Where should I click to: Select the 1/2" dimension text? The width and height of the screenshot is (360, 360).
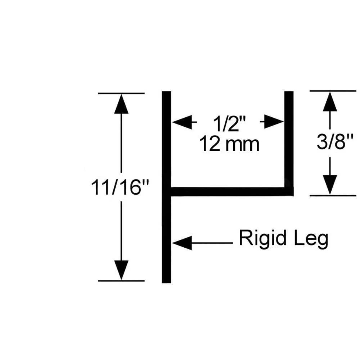coord(229,123)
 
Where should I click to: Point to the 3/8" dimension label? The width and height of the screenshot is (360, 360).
coord(335,141)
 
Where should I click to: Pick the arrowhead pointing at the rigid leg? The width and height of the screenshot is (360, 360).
coord(182,243)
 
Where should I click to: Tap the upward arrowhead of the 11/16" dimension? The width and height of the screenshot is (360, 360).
coord(121,104)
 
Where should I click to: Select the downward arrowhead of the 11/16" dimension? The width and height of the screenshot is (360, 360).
coord(121,270)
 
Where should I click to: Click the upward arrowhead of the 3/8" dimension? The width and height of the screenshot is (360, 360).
coord(330,102)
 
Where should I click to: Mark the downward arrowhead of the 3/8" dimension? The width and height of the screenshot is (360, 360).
coord(330,185)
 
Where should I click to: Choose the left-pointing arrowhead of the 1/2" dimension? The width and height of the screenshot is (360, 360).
coord(182,122)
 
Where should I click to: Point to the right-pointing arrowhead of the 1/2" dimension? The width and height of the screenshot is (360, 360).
coord(274,122)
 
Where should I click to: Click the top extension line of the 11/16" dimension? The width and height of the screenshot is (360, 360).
coord(121,94)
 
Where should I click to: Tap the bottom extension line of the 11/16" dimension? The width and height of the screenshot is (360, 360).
coord(121,281)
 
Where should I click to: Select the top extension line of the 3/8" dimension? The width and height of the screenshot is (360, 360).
coord(333,91)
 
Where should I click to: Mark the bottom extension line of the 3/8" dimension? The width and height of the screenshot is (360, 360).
coord(333,195)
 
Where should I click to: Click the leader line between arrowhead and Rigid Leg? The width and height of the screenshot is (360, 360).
coord(212,243)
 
